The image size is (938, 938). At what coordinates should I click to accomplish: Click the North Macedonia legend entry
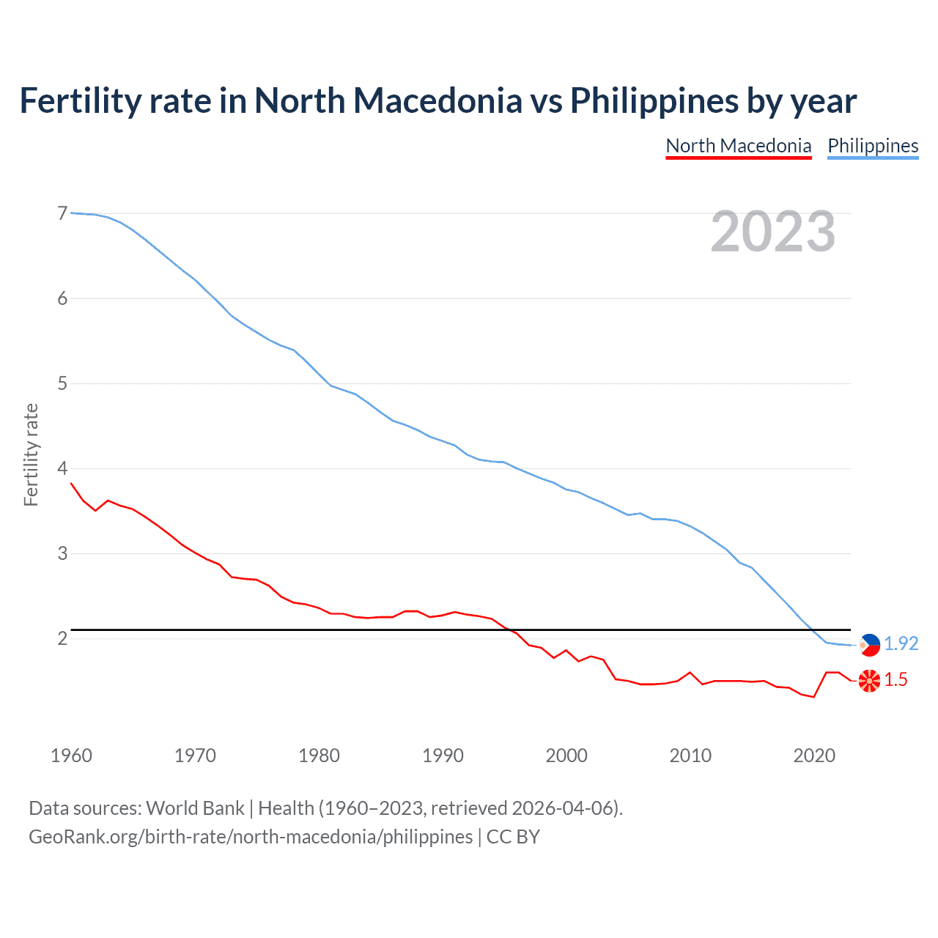coord(738,146)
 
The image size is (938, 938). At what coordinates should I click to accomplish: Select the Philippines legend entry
coord(873,146)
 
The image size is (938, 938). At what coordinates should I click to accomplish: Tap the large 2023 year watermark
coord(772,232)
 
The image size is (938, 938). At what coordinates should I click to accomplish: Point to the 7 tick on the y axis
coord(62,213)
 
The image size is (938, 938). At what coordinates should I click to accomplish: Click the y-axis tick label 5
coord(62,383)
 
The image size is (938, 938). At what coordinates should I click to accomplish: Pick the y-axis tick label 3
coord(62,553)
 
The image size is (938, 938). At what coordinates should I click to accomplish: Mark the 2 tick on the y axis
coord(62,638)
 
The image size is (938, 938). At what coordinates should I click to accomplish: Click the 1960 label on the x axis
coord(71,756)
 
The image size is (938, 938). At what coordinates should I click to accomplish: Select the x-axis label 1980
coord(319,756)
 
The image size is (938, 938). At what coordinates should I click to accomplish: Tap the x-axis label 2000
coord(566,756)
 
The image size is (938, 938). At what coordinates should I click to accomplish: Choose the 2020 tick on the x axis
coord(814,756)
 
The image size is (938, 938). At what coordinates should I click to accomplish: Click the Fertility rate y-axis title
coord(31,454)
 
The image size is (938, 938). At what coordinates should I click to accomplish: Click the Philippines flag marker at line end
coord(869,645)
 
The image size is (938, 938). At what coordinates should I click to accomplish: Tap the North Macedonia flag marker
coord(869,681)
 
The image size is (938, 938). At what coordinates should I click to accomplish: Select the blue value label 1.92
coord(901,643)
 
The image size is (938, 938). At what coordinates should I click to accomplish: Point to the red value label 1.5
coord(895,680)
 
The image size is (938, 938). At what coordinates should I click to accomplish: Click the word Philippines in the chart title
coord(654,101)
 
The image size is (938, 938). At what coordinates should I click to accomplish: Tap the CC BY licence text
coord(513,837)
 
